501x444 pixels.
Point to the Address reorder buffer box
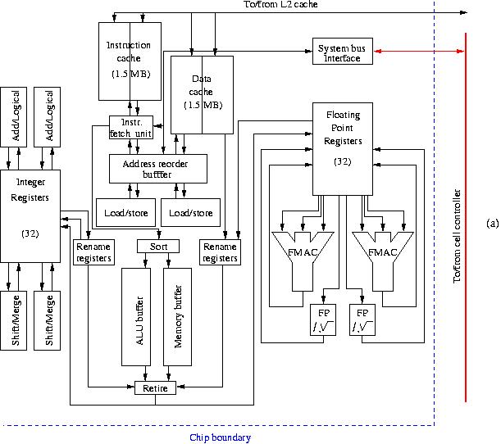158,168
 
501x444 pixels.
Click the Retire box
155,387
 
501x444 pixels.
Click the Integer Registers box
30,213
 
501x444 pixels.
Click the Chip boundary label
220,437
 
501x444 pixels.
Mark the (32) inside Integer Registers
30,233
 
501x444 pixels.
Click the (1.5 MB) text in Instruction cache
129,75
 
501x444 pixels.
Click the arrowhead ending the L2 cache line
463,13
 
